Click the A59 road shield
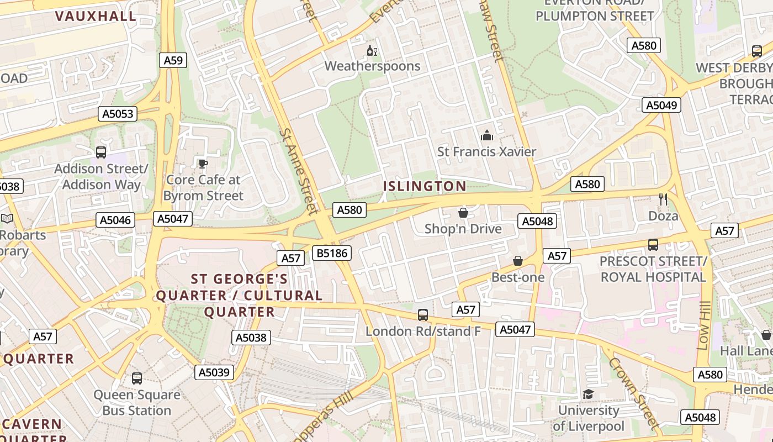tap(173, 60)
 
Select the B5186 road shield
tap(331, 253)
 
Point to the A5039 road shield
tap(214, 372)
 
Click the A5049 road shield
tap(661, 105)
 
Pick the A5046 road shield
tap(115, 220)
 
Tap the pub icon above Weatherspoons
tap(372, 51)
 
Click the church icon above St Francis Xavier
tap(486, 135)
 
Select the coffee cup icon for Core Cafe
tap(203, 164)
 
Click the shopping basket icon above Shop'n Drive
tap(463, 213)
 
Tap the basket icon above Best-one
tap(518, 261)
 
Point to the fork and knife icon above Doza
tap(663, 199)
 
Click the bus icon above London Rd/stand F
tap(423, 315)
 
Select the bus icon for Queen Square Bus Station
tap(137, 378)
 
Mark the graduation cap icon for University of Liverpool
tap(588, 394)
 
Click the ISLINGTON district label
tap(425, 186)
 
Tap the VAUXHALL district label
tap(96, 16)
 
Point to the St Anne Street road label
tap(298, 171)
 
